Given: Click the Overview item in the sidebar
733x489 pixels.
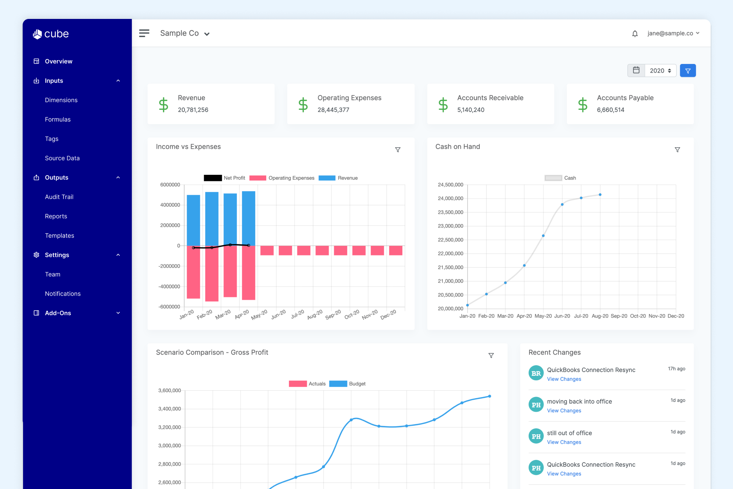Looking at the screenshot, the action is (x=58, y=61).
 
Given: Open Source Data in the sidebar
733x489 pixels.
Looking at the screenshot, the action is (x=62, y=158).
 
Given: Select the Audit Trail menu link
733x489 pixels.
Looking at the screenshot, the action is (x=59, y=197).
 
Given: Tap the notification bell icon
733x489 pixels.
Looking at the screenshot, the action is (x=635, y=34).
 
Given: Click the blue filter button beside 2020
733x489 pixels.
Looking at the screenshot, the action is (x=688, y=71).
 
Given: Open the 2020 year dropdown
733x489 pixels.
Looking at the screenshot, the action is (x=660, y=71).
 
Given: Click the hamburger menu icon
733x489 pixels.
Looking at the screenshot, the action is (x=144, y=33).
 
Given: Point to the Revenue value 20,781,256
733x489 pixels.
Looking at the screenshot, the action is (x=193, y=110).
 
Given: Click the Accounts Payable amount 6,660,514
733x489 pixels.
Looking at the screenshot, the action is (x=610, y=110).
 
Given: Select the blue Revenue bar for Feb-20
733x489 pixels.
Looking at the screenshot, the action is (x=212, y=219).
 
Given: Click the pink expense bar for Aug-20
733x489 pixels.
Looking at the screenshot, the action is (x=322, y=251).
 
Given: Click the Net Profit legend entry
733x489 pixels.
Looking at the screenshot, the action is (x=224, y=178).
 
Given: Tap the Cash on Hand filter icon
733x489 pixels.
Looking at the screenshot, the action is (x=677, y=150).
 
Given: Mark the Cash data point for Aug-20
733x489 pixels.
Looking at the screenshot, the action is (x=600, y=195).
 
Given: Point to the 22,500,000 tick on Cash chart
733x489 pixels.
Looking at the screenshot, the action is (x=450, y=240).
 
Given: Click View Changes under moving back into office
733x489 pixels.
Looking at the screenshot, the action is (x=564, y=411).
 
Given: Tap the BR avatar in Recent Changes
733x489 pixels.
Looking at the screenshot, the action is (x=536, y=373).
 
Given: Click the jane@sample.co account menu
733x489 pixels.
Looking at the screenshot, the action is (x=673, y=33).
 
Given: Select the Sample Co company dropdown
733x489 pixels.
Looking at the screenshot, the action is (x=185, y=33).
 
